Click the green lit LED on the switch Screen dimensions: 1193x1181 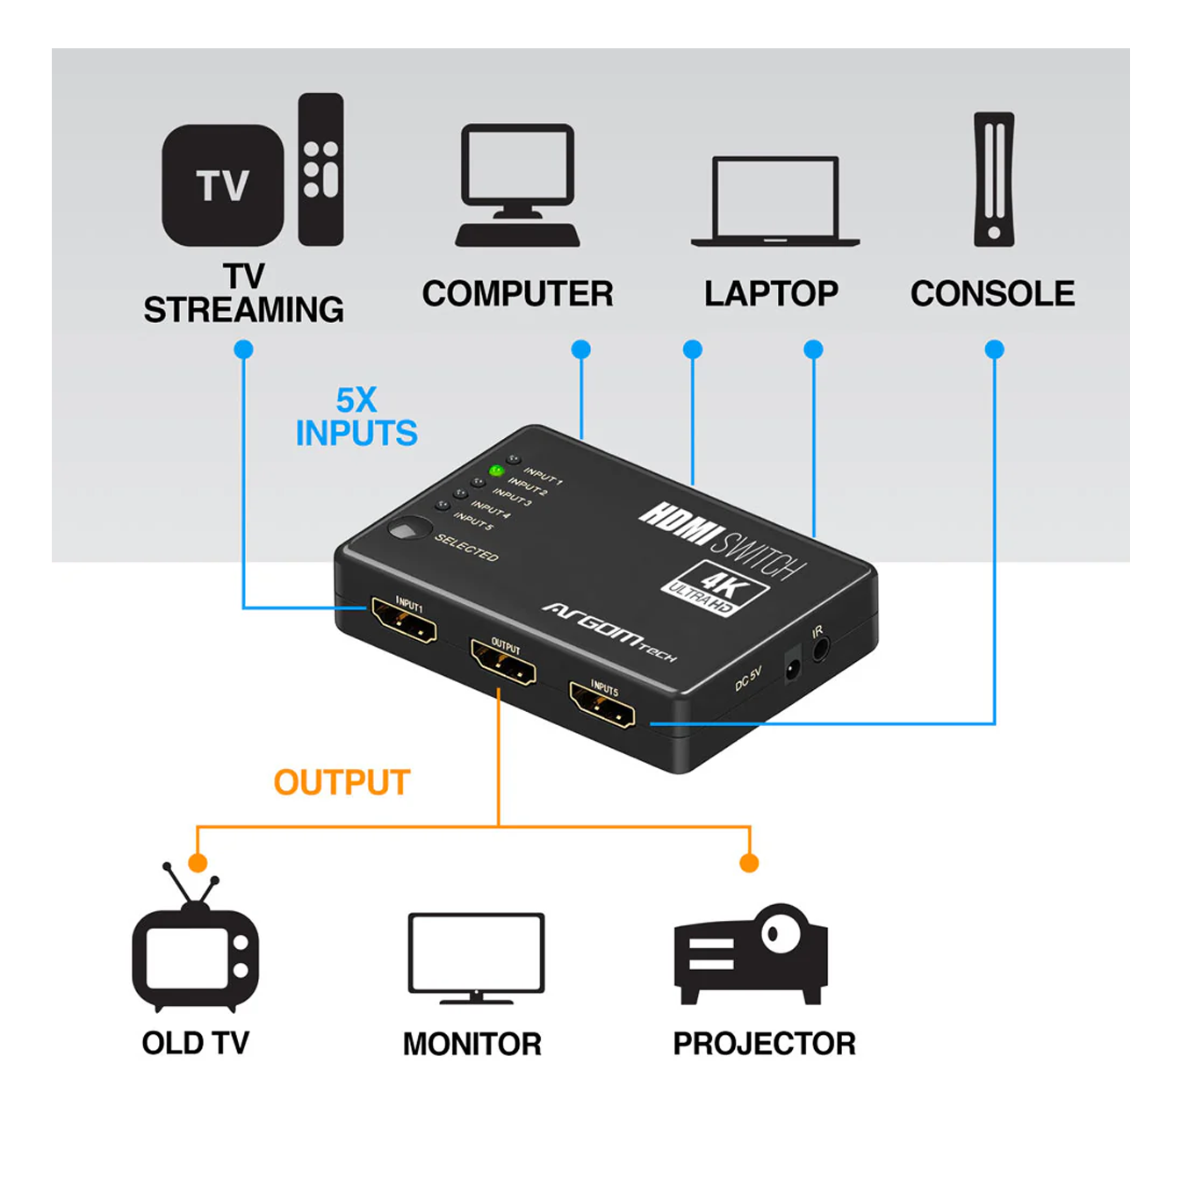496,471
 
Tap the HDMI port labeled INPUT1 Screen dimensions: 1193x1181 404,622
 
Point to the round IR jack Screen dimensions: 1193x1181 820,650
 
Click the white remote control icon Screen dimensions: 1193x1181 320,169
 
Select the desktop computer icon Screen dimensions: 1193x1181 517,185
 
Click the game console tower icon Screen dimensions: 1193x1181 994,179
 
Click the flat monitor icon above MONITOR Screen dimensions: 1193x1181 476,957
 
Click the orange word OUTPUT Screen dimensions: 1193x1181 342,782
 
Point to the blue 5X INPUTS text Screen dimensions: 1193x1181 356,417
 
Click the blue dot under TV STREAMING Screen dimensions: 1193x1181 243,349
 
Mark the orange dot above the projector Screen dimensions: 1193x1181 749,863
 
